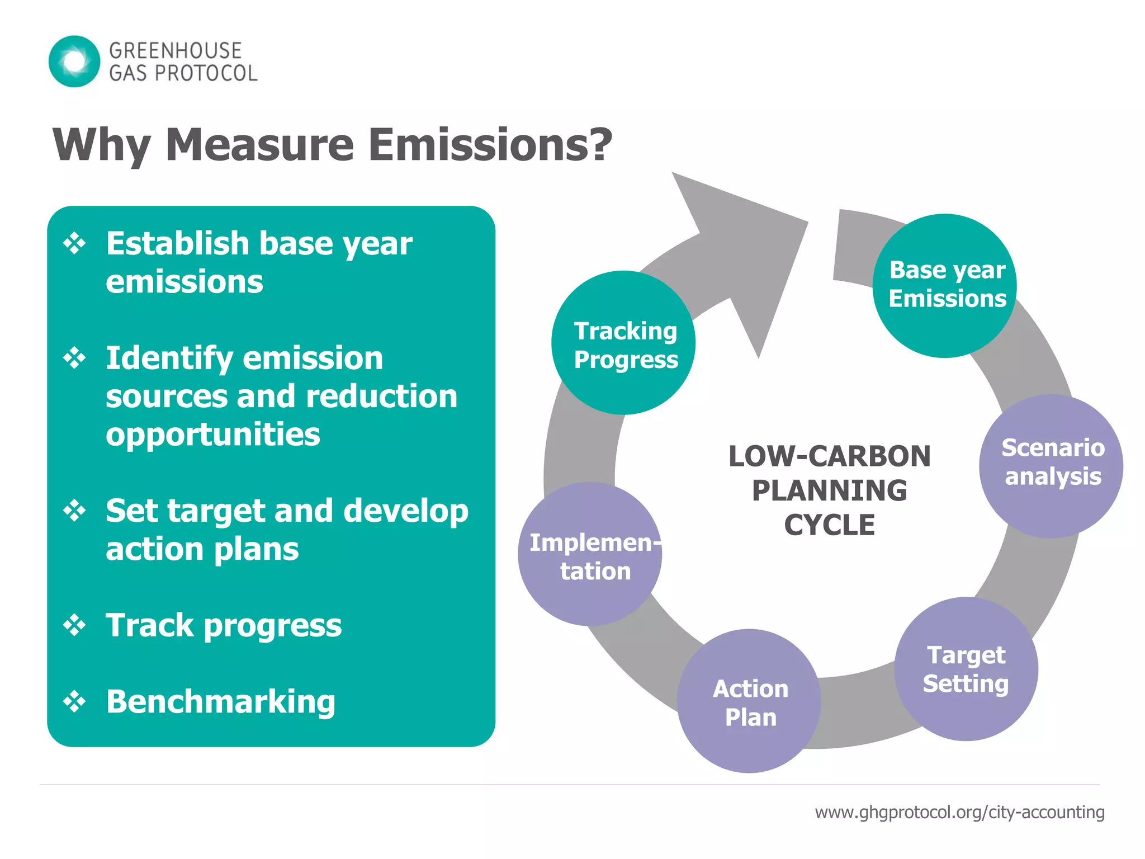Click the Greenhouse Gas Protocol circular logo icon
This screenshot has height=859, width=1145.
point(74,62)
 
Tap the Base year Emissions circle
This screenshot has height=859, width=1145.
point(945,285)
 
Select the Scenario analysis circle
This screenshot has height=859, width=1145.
point(1051,466)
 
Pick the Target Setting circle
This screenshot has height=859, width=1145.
point(966,669)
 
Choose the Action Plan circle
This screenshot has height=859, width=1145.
point(749,701)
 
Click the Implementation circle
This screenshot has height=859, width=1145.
point(590,554)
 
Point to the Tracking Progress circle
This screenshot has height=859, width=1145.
point(623,343)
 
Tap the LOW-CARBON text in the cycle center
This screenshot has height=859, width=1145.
point(829,456)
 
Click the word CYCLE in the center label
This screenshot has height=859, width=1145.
point(829,525)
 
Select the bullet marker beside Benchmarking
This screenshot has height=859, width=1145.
point(74,701)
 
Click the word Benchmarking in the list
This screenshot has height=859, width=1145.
point(221,701)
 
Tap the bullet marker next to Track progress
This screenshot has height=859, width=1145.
point(74,625)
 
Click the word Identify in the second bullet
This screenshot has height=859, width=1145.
point(168,358)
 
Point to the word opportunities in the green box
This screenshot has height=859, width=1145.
point(212,435)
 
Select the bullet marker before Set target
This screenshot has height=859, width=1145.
point(74,511)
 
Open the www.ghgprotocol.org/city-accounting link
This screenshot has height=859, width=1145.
point(959,812)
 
